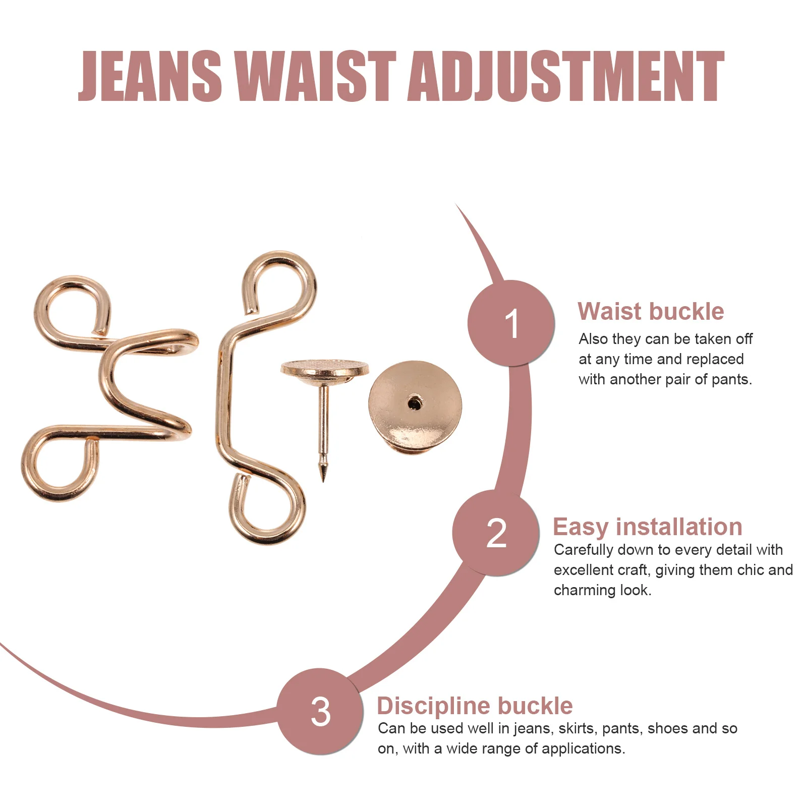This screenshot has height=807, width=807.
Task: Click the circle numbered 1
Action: (511, 323)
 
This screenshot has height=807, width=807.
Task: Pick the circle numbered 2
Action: (496, 533)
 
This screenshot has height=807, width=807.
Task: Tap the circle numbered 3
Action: (320, 712)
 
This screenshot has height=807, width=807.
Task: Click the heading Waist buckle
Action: (651, 311)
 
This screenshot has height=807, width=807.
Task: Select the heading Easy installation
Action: (648, 527)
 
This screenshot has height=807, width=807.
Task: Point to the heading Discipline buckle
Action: (475, 706)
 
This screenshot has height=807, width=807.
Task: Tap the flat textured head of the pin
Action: (325, 368)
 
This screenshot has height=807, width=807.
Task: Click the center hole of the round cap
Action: (415, 402)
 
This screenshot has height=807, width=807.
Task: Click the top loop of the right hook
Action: (280, 282)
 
